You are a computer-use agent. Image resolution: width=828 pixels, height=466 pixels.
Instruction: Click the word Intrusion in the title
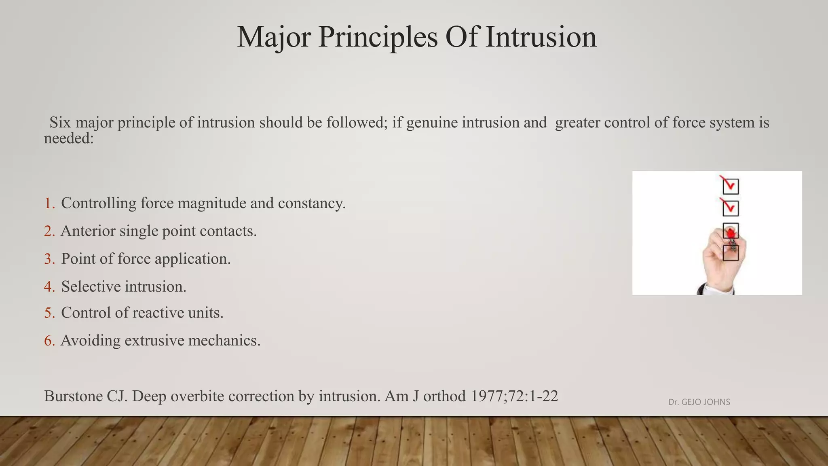[x=541, y=37]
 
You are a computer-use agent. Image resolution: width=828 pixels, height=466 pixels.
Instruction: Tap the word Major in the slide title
[x=274, y=37]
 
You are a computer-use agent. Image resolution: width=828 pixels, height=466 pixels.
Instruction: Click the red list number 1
[x=49, y=203]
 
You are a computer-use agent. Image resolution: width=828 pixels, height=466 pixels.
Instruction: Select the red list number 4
[x=49, y=287]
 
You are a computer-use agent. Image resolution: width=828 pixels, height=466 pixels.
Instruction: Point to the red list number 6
[x=49, y=341]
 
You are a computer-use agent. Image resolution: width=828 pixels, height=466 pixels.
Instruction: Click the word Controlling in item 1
[x=99, y=203]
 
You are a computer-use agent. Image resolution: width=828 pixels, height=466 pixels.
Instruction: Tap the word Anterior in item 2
[x=88, y=231]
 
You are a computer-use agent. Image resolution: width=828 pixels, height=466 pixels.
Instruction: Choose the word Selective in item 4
[x=91, y=287]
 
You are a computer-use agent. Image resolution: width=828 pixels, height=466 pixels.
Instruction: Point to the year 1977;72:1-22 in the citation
[x=514, y=396]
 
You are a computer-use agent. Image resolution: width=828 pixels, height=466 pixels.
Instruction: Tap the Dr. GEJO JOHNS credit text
[x=699, y=402]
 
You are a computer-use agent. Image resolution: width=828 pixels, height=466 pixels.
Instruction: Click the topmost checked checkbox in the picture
[x=731, y=186]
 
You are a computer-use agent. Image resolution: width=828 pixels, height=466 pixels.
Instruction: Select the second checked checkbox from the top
[x=731, y=208]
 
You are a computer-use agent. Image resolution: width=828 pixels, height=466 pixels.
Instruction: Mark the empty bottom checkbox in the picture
[x=731, y=253]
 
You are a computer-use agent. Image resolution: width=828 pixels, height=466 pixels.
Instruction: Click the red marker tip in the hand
[x=731, y=233]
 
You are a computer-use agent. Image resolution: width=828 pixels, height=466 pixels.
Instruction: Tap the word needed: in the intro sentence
[x=69, y=139]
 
